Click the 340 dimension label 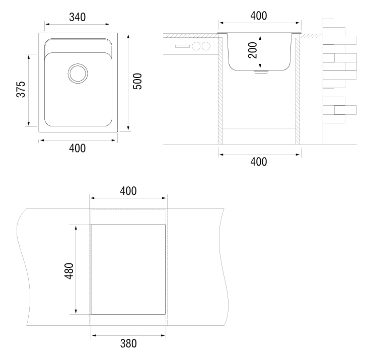(77, 17)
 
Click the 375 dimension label (21, 89)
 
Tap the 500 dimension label (137, 81)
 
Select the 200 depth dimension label (253, 50)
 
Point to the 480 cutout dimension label (69, 271)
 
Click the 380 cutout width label (128, 343)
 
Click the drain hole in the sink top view (78, 73)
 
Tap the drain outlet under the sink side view (261, 72)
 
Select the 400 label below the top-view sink (77, 149)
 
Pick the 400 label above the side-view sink (259, 16)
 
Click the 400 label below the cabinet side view (259, 162)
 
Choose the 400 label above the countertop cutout (128, 191)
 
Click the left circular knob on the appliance (196, 46)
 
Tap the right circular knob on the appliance (206, 46)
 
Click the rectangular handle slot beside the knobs (182, 46)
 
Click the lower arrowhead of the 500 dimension (128, 128)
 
